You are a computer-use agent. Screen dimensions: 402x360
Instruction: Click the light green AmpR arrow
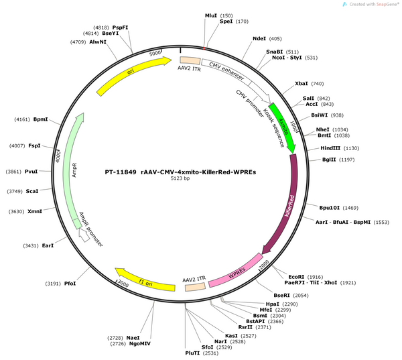coord(70,170)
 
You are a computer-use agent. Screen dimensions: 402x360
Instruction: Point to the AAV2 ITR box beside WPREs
coord(196,287)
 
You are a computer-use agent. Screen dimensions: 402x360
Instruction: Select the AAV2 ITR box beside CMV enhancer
coord(190,60)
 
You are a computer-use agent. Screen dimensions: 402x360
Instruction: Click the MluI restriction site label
coord(211,15)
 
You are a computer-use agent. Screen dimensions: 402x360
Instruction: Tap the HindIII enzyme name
coord(330,148)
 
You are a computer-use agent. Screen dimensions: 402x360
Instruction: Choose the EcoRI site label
coord(296,277)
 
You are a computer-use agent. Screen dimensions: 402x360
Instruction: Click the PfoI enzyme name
coord(70,284)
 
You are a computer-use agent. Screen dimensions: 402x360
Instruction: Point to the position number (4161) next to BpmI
coord(22,119)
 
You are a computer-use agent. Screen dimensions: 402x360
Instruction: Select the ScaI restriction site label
coord(32,191)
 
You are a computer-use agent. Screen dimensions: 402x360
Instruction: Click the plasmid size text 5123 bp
coord(180,178)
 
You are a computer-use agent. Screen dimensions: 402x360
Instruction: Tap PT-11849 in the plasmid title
coord(121,172)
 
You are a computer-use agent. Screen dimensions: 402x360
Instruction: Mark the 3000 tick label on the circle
coord(123,284)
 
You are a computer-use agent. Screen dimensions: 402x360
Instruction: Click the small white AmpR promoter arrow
coord(84,235)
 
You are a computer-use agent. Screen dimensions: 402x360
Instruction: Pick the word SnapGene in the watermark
coord(387,4)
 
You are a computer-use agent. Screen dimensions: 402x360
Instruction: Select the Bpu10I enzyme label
coord(330,208)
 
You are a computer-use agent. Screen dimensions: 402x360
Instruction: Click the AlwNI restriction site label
coord(98,42)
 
